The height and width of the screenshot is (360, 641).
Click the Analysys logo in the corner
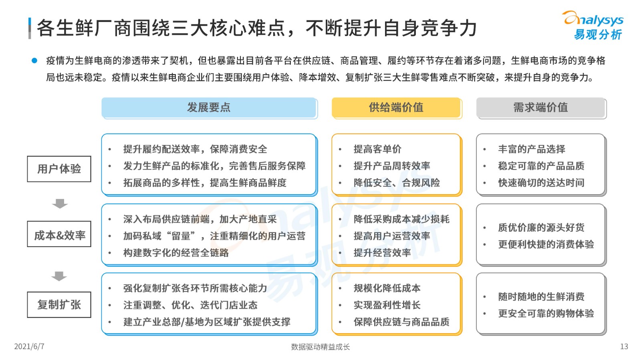[593, 25]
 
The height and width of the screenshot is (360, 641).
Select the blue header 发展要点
[209, 108]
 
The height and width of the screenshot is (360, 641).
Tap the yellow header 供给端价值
[397, 108]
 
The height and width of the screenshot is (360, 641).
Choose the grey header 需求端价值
[541, 108]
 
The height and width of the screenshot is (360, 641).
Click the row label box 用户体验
[59, 169]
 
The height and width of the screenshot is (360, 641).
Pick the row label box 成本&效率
[59, 234]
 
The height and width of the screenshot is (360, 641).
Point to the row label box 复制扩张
[59, 304]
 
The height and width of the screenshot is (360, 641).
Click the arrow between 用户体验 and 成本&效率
[60, 203]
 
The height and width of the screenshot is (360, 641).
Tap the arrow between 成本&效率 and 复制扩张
[59, 276]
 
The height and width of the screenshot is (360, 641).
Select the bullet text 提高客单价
[377, 149]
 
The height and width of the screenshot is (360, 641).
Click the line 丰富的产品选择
[532, 149]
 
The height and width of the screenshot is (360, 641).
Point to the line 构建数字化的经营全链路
[176, 253]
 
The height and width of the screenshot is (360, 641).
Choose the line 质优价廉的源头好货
[541, 227]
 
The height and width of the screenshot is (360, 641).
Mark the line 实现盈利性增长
[387, 305]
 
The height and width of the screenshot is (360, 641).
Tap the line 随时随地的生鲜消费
[541, 297]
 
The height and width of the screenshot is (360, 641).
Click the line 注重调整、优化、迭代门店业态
[190, 305]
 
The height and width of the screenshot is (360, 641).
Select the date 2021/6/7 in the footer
[29, 346]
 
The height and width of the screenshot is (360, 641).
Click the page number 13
[624, 346]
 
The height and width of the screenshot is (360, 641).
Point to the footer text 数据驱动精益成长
[320, 347]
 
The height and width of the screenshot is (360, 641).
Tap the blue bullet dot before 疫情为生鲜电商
[34, 60]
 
